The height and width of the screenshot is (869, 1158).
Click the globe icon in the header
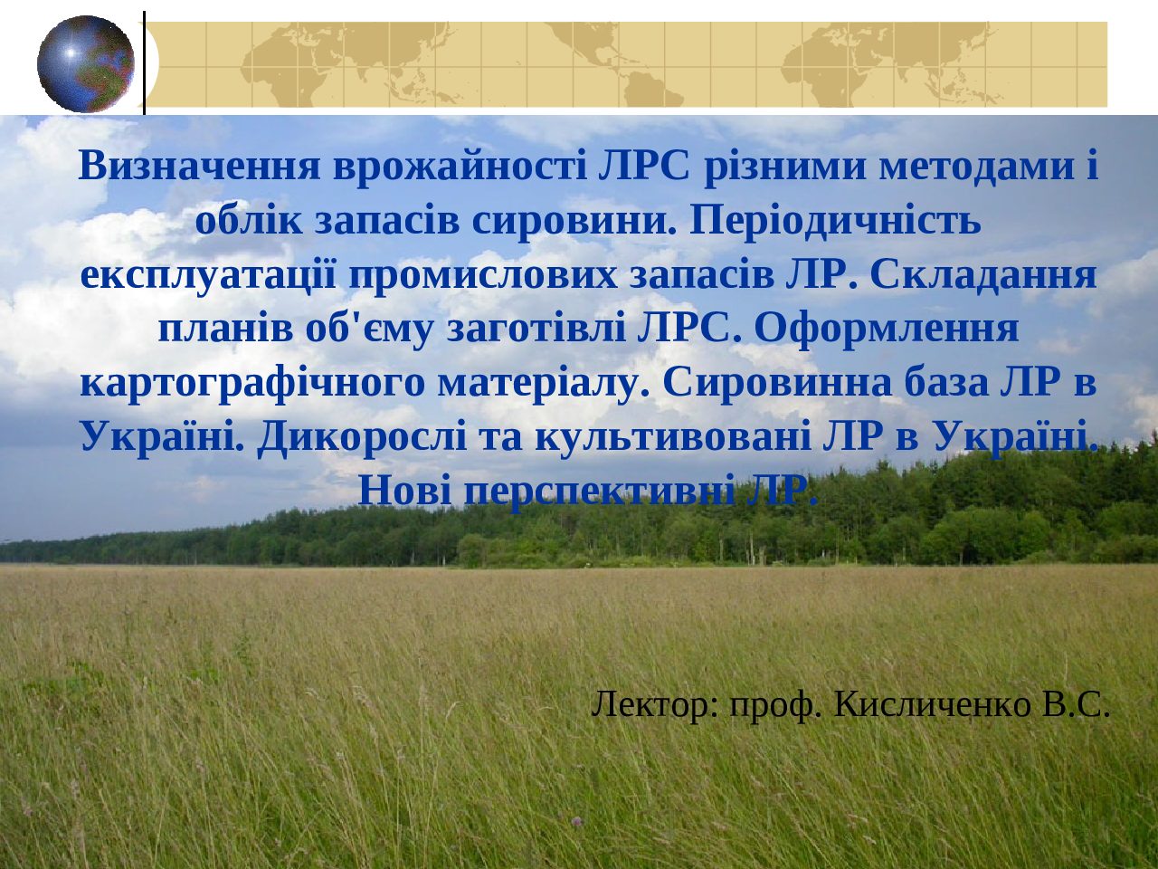point(86,63)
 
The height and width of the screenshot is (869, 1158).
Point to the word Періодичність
point(835,222)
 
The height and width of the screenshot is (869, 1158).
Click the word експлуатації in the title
point(208,277)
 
